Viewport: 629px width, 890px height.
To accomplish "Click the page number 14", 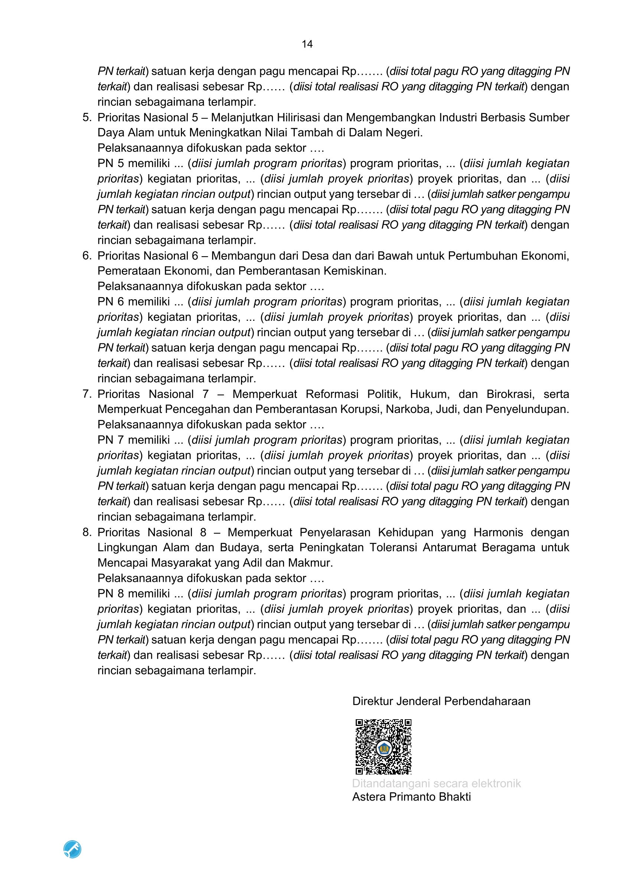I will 307,44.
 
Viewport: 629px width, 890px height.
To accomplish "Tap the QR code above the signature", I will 383,747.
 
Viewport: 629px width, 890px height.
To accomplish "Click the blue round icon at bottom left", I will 72,849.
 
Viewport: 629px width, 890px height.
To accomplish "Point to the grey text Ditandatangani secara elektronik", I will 436,783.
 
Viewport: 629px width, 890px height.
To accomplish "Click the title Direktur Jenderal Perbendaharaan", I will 441,701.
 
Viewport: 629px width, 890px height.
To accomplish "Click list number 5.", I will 87,117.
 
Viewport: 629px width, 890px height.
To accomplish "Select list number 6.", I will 87,256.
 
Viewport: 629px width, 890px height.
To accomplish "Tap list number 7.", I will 87,394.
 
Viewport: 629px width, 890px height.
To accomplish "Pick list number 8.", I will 87,532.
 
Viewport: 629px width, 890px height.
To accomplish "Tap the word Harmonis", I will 498,532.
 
